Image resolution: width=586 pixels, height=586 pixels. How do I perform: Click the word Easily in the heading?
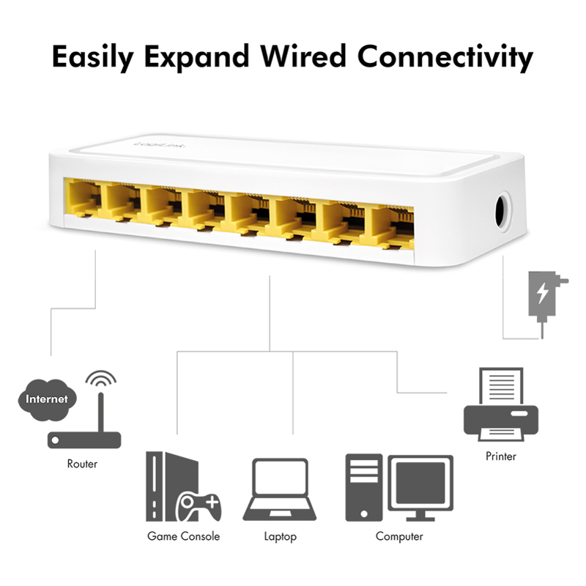point(93,57)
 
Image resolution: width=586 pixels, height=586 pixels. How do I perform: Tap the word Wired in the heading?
point(303,56)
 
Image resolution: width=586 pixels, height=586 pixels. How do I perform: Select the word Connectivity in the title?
point(445,57)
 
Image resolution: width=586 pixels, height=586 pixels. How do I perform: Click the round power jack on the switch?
point(502,212)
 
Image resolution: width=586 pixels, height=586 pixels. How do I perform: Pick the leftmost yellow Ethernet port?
point(83,198)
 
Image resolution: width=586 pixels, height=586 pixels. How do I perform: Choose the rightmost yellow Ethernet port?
point(392,227)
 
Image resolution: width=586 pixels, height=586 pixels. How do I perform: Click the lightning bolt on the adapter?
point(542,293)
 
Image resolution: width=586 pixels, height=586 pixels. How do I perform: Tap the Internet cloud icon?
point(47,399)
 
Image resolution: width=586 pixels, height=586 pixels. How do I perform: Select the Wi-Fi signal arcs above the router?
point(101,377)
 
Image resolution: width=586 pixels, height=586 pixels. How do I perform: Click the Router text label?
point(82,464)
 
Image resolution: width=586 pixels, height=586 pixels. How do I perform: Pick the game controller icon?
point(199,507)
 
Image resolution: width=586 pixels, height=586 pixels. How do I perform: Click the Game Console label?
point(184,536)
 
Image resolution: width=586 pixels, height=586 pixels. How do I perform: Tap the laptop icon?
point(280,489)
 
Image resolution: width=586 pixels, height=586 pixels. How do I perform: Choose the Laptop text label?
point(281,537)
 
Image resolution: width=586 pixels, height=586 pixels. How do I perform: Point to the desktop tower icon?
point(363,487)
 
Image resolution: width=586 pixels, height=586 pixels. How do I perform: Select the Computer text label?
point(399,537)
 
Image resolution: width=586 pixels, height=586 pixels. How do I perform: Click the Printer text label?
point(501,456)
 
